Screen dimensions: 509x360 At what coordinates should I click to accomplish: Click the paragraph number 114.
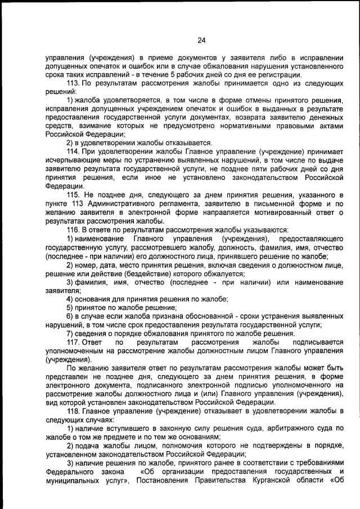click(74, 152)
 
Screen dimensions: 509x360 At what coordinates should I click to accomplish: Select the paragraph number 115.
click(74, 194)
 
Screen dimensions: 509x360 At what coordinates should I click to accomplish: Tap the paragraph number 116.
click(74, 229)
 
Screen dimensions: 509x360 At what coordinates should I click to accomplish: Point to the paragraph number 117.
click(74, 342)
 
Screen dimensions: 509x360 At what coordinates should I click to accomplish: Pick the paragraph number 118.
click(74, 411)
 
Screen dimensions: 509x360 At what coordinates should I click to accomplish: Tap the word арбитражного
click(289, 429)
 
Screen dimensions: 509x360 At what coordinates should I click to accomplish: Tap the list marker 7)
click(71, 334)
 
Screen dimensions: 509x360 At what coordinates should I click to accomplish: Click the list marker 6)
click(71, 316)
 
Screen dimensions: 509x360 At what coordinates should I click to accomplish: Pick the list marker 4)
click(71, 299)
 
